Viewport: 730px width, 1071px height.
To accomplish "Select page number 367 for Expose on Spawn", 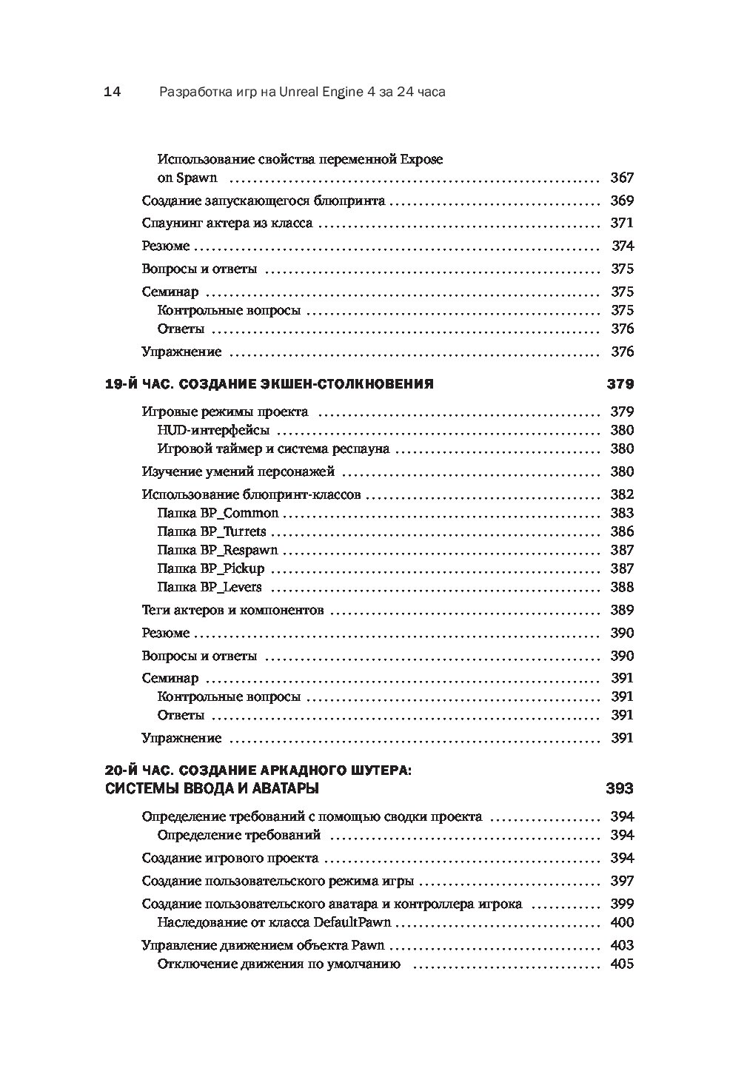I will coord(621,178).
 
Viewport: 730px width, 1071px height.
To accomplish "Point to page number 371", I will coord(621,224).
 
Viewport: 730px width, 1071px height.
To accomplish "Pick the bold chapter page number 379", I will coord(620,384).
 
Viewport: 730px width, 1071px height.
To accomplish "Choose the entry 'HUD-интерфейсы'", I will coord(213,430).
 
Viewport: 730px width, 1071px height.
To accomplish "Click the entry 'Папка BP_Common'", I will coord(218,513).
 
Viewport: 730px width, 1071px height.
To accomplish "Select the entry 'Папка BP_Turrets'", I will coord(211,531).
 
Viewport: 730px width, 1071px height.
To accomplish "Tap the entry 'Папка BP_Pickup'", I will coord(210,568).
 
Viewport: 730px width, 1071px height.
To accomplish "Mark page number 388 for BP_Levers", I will coord(621,588).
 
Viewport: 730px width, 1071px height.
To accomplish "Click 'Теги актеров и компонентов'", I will coord(232,611).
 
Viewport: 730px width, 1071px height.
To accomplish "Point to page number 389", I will coord(621,611).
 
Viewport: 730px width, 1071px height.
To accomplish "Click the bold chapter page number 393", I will coord(620,789).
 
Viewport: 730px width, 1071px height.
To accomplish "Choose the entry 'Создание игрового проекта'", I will coord(230,859).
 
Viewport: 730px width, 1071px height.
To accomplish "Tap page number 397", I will coord(621,882).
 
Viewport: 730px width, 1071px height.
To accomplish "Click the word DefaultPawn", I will coord(352,922).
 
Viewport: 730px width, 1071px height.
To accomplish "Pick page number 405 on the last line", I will coord(621,964).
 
